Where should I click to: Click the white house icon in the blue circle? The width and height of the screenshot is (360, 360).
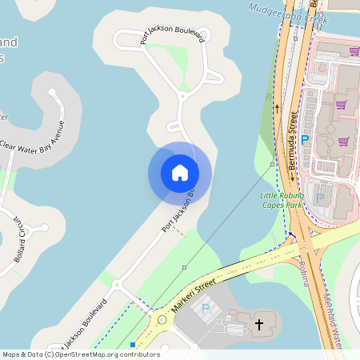coord(179,173)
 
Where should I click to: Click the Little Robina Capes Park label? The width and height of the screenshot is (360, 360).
coord(282,200)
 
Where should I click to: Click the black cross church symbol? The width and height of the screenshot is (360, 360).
coord(258,325)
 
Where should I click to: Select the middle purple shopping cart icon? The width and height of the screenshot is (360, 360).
coord(340,105)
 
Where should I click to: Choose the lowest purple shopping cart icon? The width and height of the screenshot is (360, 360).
coord(343,142)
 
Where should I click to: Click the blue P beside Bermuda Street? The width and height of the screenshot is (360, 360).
coord(304,138)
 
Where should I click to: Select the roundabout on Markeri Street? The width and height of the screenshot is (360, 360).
coord(162,320)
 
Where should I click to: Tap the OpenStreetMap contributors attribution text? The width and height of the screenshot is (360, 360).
coord(81,354)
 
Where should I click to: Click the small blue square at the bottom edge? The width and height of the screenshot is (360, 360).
coord(133,345)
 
